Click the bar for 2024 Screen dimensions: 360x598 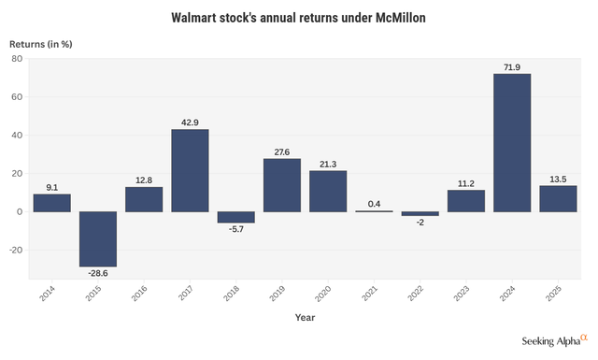pyautogui.click(x=512, y=142)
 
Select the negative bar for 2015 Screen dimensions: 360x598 pyautogui.click(x=97, y=238)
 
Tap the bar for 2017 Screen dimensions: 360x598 pyautogui.click(x=190, y=170)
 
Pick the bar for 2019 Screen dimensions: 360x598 pyautogui.click(x=281, y=185)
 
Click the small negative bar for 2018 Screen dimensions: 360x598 pyautogui.click(x=235, y=217)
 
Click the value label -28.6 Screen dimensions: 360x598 pyautogui.click(x=97, y=274)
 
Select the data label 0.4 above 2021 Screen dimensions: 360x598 pyautogui.click(x=374, y=203)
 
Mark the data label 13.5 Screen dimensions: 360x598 pyautogui.click(x=558, y=178)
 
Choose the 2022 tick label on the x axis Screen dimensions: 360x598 pyautogui.click(x=419, y=295)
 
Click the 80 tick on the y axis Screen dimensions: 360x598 pyautogui.click(x=16, y=59)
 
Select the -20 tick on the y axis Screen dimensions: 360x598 pyautogui.click(x=14, y=250)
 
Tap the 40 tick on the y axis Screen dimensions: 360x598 pyautogui.click(x=16, y=136)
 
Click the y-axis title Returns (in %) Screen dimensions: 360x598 pyautogui.click(x=41, y=44)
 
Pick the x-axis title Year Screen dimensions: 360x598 pyautogui.click(x=305, y=318)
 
